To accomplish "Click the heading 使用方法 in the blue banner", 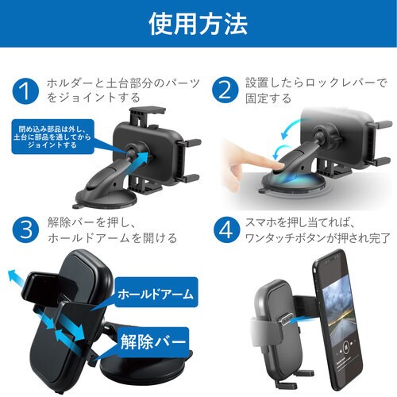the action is pos(198,24).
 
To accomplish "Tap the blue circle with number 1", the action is pos(25,91).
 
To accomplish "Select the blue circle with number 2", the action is pos(225,90).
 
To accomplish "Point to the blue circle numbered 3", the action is pos(25,229).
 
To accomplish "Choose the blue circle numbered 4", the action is pos(226,229).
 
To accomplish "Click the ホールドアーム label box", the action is pos(156,292).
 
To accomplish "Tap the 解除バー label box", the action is pos(152,341).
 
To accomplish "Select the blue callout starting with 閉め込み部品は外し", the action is pos(52,137).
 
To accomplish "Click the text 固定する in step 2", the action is pos(268,99).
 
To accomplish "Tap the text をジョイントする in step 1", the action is pos(93,98).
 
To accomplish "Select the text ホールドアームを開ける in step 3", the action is pos(112,238).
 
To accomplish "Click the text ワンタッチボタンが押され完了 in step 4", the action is pos(318,238).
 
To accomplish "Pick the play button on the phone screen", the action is pos(345,346).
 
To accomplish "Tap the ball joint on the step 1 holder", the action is pos(132,152).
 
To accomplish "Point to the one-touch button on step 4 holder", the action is pos(285,318).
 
